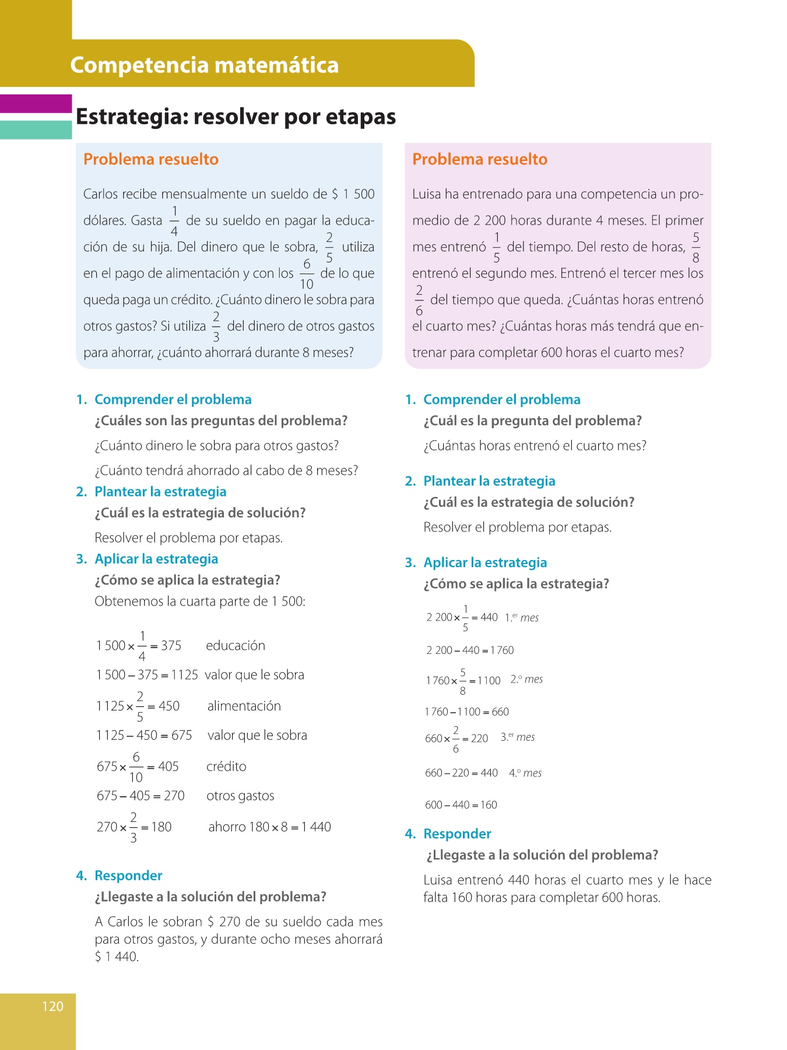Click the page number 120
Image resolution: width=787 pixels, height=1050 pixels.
point(52,1006)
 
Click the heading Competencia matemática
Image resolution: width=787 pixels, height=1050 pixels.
point(204,65)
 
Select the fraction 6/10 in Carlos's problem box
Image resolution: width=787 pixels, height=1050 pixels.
point(307,274)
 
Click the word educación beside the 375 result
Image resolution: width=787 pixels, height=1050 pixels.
point(236,646)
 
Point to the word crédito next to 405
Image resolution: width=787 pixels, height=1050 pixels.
point(226,766)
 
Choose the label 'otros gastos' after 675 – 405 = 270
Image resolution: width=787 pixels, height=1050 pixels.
point(240,796)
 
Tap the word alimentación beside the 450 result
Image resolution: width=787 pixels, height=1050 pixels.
point(244,706)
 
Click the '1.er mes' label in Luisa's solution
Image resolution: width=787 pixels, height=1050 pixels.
point(522,618)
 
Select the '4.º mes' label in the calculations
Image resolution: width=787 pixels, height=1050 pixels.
point(525,773)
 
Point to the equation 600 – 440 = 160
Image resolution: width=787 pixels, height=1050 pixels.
point(461,805)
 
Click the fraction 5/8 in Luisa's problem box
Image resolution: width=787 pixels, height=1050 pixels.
point(695,247)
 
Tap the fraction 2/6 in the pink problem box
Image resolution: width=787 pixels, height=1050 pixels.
point(419,300)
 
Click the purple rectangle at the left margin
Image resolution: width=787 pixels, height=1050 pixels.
point(36,104)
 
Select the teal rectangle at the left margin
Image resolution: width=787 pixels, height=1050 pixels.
point(36,129)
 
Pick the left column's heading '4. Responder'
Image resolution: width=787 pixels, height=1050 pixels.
point(120,876)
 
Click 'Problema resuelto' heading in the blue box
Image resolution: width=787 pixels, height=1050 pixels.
point(151,159)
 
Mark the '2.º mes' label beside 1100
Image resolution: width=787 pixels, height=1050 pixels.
point(526,680)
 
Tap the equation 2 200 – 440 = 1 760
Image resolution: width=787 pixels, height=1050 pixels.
point(470,650)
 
